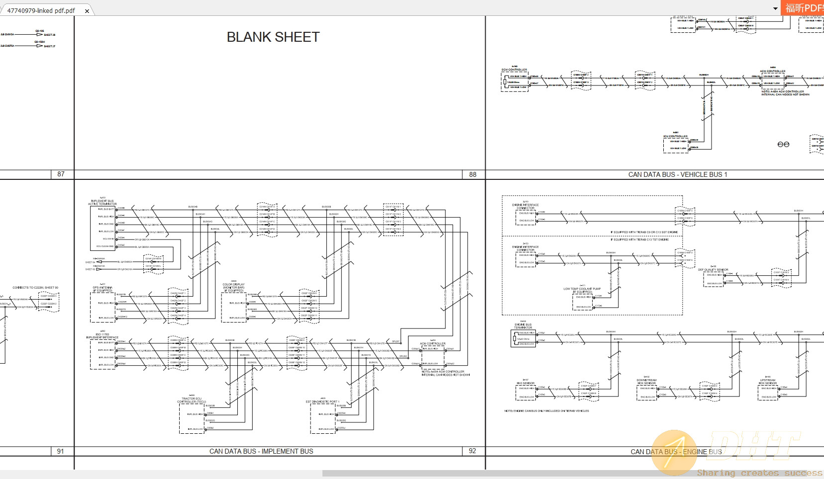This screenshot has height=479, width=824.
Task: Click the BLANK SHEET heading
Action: [x=273, y=37]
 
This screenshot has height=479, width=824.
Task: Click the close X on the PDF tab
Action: [x=87, y=11]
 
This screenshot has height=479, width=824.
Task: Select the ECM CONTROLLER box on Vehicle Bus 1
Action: [x=515, y=81]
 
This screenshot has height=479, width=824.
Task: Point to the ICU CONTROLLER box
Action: [x=675, y=145]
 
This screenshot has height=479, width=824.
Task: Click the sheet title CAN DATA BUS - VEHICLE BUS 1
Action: [x=677, y=174]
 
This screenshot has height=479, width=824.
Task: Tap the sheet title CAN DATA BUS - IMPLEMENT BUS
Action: [x=261, y=451]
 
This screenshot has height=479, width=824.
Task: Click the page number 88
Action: [x=472, y=174]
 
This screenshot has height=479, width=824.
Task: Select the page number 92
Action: [x=472, y=451]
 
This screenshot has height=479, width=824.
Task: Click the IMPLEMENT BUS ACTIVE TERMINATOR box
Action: [x=102, y=228]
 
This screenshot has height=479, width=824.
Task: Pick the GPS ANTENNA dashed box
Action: [x=102, y=307]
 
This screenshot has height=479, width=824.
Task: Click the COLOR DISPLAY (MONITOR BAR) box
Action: [x=233, y=307]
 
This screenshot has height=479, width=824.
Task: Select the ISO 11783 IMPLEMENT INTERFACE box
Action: [x=102, y=354]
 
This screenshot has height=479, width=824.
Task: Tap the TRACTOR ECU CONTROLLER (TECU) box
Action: [x=192, y=418]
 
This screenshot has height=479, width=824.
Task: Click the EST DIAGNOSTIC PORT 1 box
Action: [x=322, y=418]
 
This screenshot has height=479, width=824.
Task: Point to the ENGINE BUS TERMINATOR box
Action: [x=524, y=338]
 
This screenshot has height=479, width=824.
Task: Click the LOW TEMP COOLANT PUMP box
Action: [x=583, y=302]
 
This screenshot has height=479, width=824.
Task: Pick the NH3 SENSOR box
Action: [x=525, y=392]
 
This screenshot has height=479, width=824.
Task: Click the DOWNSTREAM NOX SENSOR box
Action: [x=647, y=392]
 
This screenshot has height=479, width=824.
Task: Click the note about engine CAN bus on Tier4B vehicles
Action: [x=546, y=411]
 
